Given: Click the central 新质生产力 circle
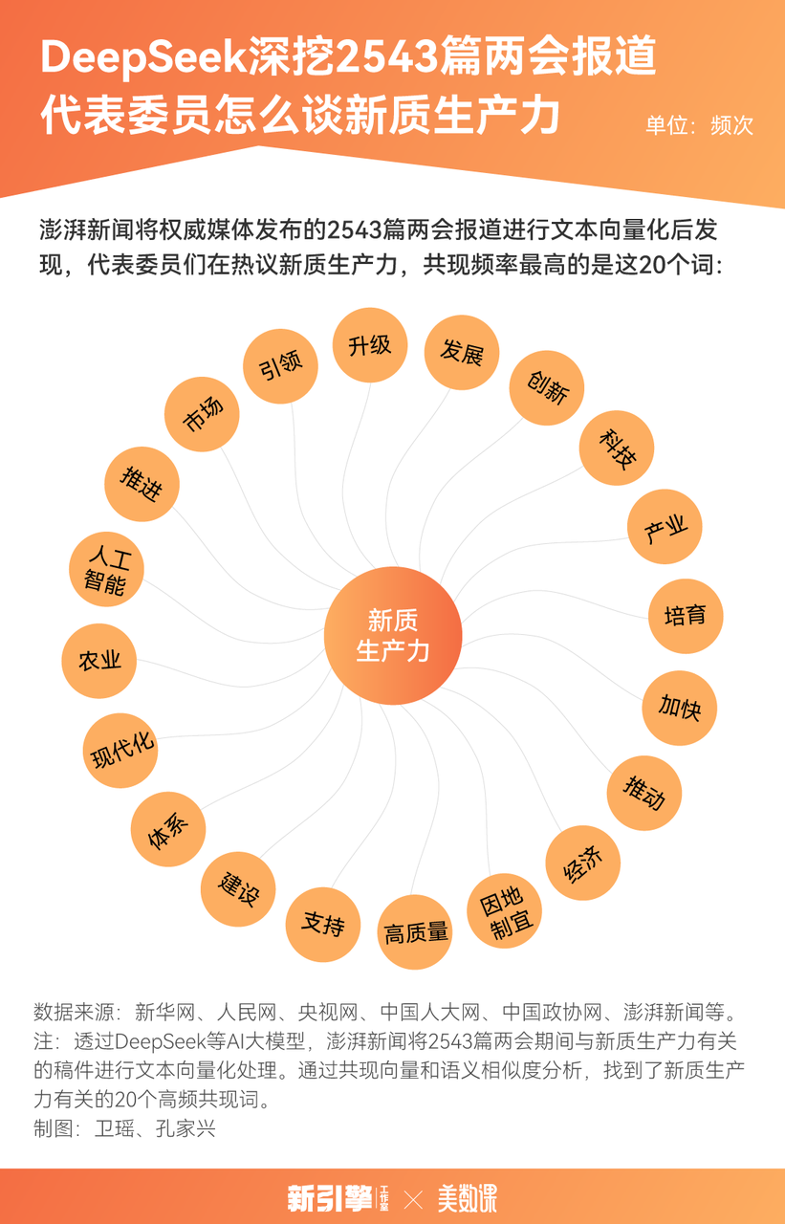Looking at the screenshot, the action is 393,636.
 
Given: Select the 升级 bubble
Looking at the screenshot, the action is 370,345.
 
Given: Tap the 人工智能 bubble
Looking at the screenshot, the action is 106,569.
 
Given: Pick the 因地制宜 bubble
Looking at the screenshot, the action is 504,910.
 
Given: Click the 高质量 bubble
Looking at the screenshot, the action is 415,931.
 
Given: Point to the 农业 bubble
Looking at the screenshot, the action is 98,661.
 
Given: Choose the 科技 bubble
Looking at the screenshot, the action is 617,448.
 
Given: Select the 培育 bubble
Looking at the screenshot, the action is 686,616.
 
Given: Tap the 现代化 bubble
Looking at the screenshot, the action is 120,751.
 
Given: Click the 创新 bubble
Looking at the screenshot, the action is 547,387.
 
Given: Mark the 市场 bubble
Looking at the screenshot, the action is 202,414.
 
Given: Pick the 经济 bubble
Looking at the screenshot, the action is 583,863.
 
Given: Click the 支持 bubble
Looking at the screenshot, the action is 323,924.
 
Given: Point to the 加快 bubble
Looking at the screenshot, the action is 679,708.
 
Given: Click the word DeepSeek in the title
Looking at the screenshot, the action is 144,57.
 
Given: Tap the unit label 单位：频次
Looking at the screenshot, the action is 699,125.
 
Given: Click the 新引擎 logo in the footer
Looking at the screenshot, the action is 338,1198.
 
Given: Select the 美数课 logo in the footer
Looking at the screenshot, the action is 468,1198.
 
